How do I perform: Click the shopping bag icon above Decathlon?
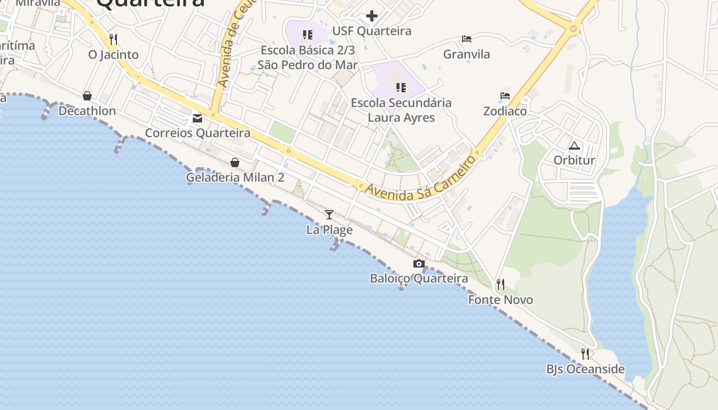coord(87,96)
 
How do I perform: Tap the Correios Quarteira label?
coord(197,133)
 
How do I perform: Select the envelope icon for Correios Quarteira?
coord(197,118)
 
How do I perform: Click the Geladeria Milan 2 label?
coord(235,177)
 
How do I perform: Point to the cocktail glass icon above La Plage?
coord(329,214)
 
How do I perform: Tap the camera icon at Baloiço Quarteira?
coord(419,263)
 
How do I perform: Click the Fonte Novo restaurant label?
coord(501,300)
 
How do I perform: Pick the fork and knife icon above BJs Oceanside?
coord(585,354)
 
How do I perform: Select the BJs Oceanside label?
coord(585,369)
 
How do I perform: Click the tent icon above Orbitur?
coord(574,145)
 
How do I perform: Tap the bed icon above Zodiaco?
coord(505,96)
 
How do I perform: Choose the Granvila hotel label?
coord(466,54)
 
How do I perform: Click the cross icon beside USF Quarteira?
coord(372,16)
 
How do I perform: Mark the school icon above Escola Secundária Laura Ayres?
coord(401,88)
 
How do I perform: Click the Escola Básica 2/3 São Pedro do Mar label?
coord(308,57)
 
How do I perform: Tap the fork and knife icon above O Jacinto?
coord(113,39)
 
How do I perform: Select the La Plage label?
coord(329,230)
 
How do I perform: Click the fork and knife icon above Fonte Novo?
coord(501,284)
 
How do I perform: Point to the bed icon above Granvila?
coord(466,39)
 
